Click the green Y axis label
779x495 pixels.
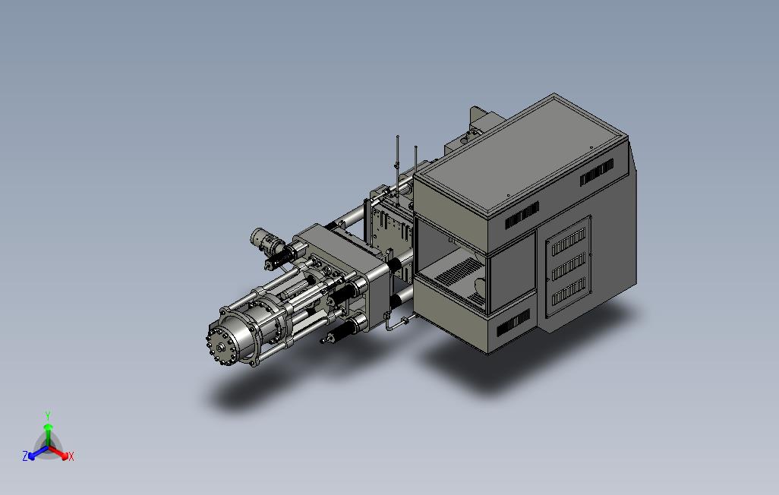tap(48, 415)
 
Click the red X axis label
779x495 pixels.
tap(71, 456)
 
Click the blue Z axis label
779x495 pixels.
tap(25, 456)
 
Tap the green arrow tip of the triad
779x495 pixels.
tap(48, 427)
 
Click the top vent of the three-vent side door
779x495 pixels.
tap(569, 242)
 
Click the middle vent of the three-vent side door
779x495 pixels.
tap(569, 267)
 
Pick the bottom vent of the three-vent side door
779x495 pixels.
tap(569, 292)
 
